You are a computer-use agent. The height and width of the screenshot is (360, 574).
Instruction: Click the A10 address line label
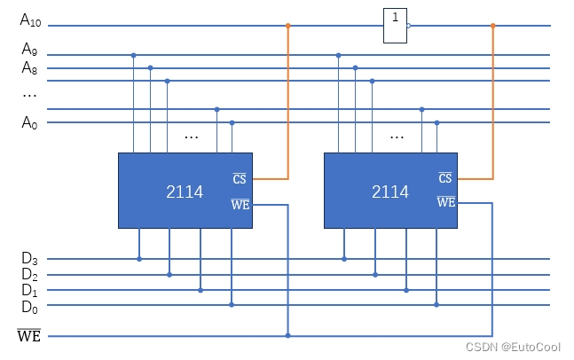pos(30,20)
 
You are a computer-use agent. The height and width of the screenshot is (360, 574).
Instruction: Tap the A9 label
pos(29,49)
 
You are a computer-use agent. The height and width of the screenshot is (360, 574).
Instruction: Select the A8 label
pos(29,67)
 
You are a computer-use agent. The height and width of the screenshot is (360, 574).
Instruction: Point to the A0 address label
pos(29,122)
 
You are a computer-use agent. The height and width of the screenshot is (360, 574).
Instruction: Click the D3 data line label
pos(29,259)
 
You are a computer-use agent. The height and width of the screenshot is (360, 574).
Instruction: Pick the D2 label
pos(29,275)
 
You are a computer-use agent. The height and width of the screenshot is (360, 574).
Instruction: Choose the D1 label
pos(29,290)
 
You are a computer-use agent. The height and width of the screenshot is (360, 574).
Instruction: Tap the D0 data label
pos(29,306)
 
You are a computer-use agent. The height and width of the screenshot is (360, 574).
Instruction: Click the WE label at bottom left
pos(29,336)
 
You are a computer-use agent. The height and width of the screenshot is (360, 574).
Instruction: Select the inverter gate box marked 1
pos(395,26)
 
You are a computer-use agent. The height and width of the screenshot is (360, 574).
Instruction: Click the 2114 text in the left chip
pos(185,192)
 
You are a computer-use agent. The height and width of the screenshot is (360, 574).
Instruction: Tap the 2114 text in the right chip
pos(390,192)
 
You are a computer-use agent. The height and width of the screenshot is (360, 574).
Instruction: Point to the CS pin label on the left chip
pos(240,179)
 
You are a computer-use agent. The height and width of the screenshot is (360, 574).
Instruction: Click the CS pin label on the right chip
pos(445,179)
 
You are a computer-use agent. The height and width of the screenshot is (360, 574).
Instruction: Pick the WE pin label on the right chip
pos(446,202)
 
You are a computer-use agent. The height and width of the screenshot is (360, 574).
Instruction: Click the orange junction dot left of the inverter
pos(287,26)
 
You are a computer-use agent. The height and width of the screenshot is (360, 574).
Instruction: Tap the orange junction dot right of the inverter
pos(493,26)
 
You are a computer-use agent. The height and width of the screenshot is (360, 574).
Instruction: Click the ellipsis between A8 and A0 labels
pos(29,94)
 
